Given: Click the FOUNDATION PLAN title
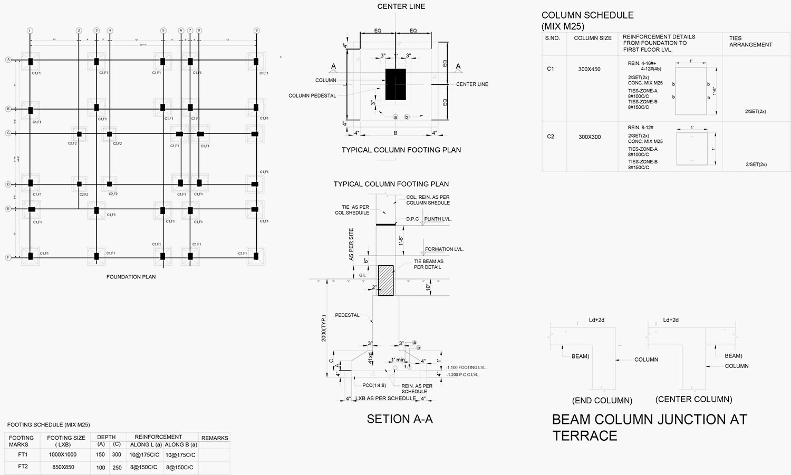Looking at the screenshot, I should (x=131, y=277).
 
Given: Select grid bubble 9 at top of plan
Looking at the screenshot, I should (x=256, y=31).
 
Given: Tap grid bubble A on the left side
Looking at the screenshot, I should (x=8, y=60).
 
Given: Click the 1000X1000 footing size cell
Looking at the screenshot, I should (x=63, y=454).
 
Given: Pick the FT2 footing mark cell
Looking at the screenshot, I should (x=23, y=467).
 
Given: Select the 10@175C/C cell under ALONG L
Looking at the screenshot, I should (x=144, y=454).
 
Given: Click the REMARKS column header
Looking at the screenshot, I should (x=215, y=438).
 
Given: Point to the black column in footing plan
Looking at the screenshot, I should (x=395, y=84).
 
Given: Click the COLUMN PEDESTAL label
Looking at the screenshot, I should (x=312, y=95).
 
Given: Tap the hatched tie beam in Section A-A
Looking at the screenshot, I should (x=386, y=280).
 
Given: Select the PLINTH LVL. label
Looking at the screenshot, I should (x=438, y=219).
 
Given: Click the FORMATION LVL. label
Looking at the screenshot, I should (x=444, y=249).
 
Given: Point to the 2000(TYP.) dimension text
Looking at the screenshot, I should (x=324, y=328).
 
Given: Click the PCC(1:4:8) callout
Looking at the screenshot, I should (x=374, y=385).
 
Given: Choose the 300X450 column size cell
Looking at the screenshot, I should (x=589, y=69).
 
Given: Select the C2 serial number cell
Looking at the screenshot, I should (x=551, y=137).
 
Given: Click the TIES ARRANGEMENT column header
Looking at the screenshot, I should (x=750, y=42).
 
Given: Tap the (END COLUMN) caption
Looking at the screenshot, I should (x=602, y=401).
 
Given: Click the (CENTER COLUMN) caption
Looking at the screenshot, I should (x=693, y=400).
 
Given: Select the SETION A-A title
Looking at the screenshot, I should (x=400, y=419).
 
